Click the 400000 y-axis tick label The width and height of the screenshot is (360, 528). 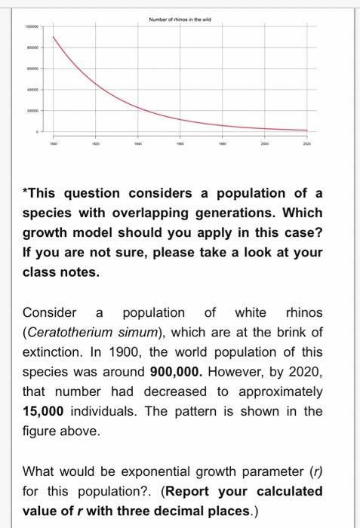point(32,88)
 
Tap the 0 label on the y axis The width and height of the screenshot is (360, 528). point(35,131)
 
